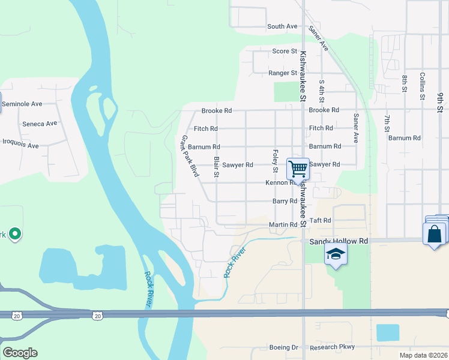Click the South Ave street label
coord(282,26)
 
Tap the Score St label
coord(285,52)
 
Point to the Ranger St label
coord(282,73)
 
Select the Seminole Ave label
coord(22,104)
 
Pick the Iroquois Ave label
coord(21,145)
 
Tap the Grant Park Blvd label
coord(190,155)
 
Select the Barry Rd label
coord(285,202)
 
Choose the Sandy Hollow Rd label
coord(338,241)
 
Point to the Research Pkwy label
coord(332,347)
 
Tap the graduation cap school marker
coord(336,254)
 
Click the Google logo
coord(20,353)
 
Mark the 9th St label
coord(440,102)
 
